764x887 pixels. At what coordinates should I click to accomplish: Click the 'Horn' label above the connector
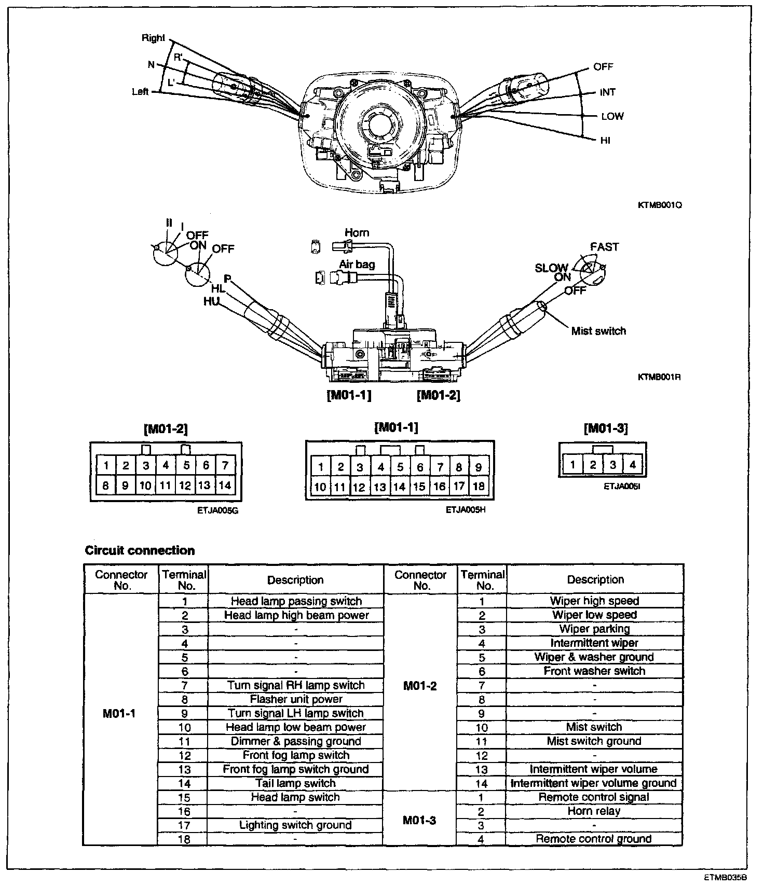pos(357,233)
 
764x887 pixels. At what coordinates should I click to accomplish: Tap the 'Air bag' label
pos(357,265)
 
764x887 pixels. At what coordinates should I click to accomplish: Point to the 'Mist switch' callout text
pos(598,331)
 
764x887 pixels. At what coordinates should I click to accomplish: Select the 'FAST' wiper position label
pos(604,247)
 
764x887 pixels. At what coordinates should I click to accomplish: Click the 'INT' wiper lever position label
pos(607,92)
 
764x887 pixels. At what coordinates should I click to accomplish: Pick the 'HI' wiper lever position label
pos(605,141)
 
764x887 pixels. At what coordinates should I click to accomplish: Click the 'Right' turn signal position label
pos(153,38)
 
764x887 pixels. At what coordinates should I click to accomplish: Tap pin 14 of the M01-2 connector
pos(225,486)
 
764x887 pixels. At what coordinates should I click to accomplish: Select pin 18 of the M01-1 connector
pos(479,487)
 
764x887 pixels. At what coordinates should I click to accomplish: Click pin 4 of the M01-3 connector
pos(632,465)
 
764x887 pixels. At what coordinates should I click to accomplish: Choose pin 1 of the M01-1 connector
pos(321,467)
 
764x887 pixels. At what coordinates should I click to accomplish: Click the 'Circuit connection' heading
pos(140,550)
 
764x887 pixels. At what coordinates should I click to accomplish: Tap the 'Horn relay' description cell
pos(594,811)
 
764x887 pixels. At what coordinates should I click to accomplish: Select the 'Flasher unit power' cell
pos(296,699)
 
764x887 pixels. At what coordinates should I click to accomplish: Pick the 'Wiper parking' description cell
pos(594,629)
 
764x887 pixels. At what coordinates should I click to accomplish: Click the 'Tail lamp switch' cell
pos(296,783)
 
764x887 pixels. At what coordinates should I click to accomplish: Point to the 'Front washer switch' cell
pos(594,671)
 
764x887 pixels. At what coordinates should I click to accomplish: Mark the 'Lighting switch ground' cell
pos(296,825)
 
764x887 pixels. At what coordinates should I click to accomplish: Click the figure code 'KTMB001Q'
pos(659,205)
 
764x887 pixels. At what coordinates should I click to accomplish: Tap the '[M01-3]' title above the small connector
pos(605,428)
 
